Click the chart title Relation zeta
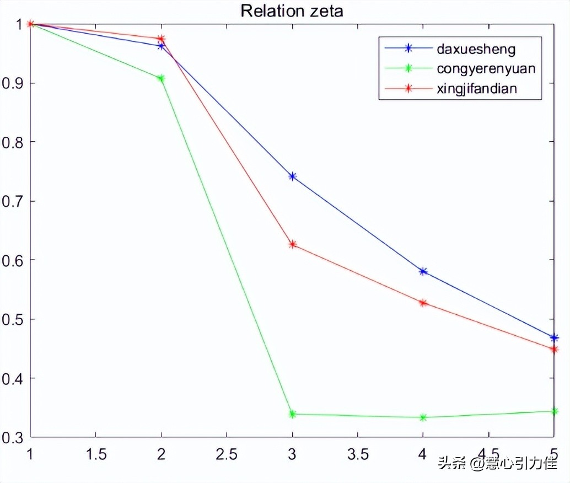pos(292,10)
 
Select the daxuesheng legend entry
pos(476,49)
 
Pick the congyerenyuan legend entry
pos(486,68)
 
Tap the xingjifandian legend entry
pos(476,88)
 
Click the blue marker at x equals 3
pos(292,176)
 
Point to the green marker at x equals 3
pos(292,414)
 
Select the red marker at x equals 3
pos(292,244)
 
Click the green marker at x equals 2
pos(161,79)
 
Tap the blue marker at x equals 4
pos(423,271)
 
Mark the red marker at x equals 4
pos(423,303)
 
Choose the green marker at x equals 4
pos(423,417)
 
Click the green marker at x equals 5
pos(554,411)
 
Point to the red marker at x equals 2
pos(161,39)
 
